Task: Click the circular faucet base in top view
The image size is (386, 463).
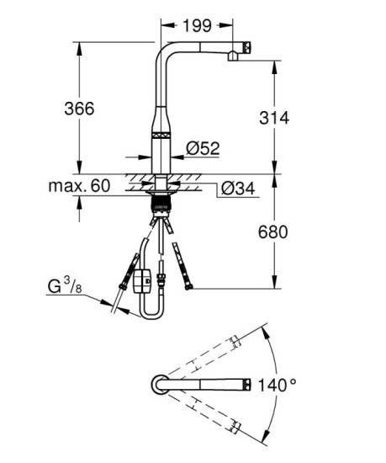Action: pyautogui.click(x=158, y=384)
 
